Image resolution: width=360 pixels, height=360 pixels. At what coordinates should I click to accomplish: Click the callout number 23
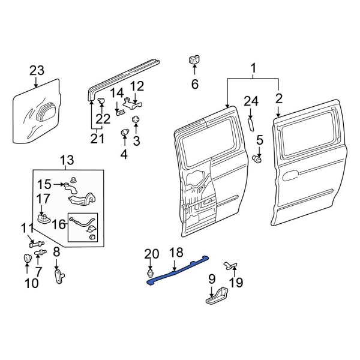coord(37,71)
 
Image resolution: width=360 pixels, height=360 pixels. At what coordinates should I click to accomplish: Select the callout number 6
coord(194,85)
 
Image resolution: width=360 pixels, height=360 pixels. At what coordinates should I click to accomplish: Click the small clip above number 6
coord(194,60)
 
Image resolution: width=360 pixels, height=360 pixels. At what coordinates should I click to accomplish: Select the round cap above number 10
coord(26,259)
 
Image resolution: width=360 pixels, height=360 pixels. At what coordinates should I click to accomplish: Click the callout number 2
coord(279,98)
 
